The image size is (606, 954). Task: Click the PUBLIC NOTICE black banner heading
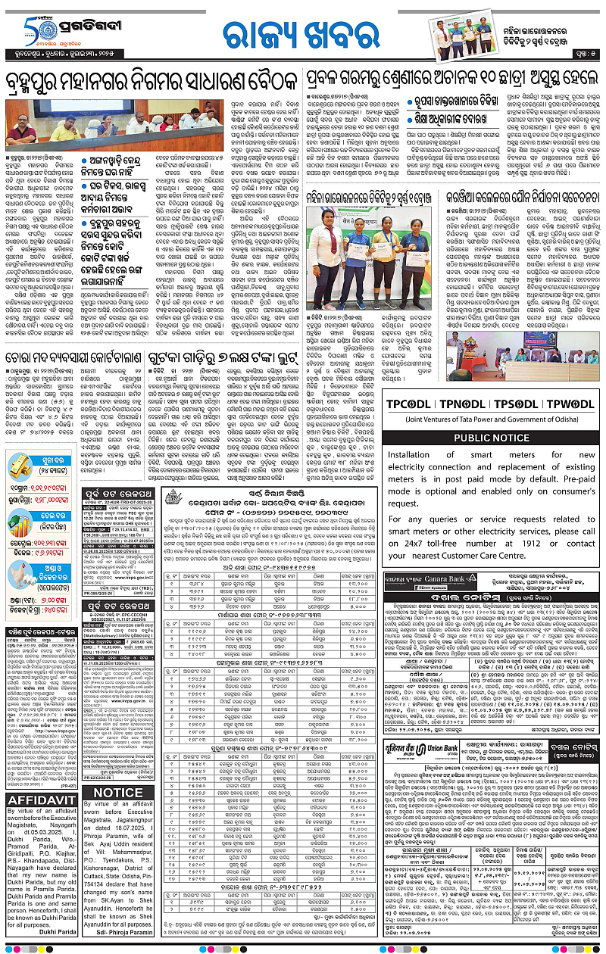tap(492, 438)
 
